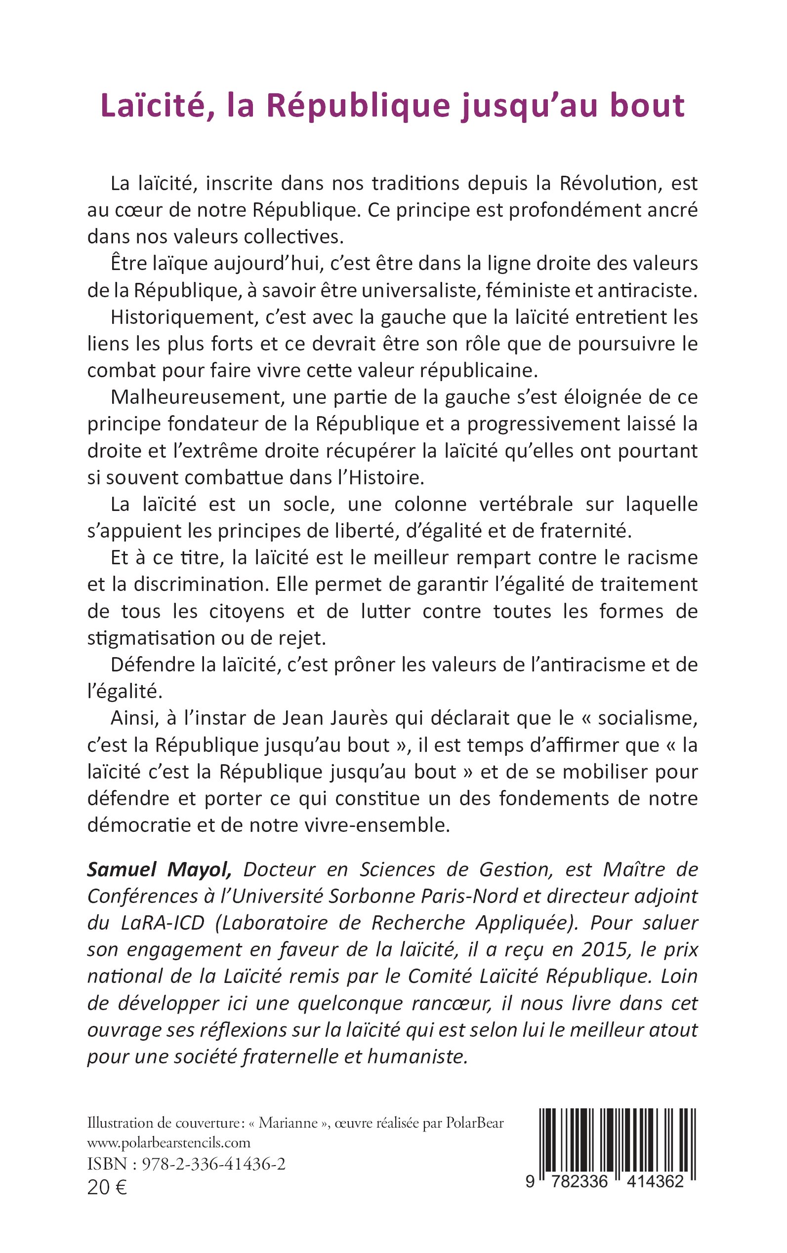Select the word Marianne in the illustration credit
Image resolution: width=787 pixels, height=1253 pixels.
289,1123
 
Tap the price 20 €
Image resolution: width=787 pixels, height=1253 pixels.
107,1184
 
